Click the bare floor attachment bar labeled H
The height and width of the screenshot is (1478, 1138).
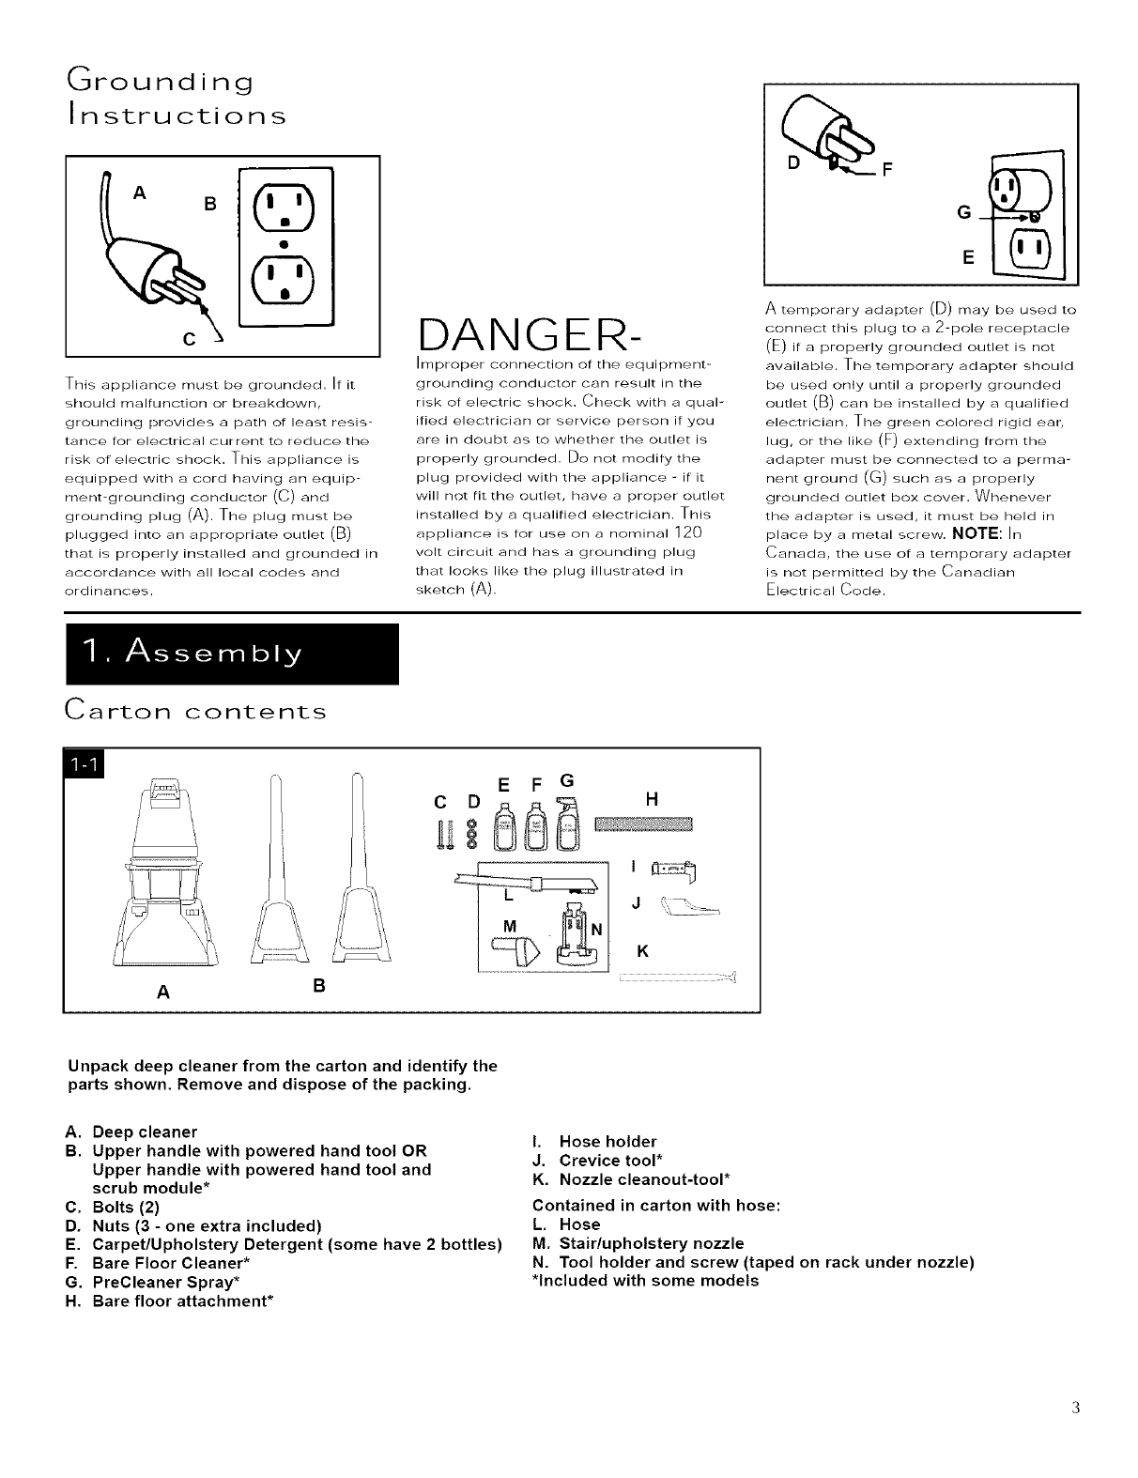click(x=642, y=824)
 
